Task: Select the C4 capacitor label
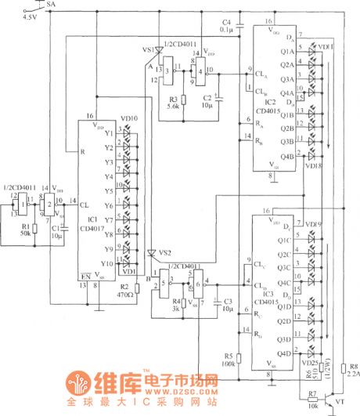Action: pos(227,20)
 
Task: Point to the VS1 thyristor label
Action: pos(148,49)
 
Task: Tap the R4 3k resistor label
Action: pos(177,304)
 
